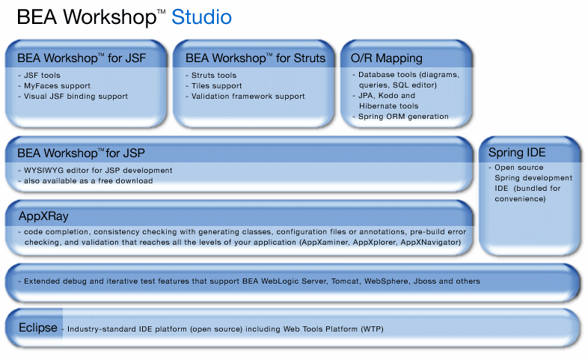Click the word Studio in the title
pos(201,16)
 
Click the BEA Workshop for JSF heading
pos(82,58)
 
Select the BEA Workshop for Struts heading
pos(255,58)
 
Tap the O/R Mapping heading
pos(386,58)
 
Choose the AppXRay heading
pos(43,216)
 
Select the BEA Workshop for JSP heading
pos(86,153)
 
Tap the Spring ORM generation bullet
pos(403,117)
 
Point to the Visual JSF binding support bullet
pos(76,97)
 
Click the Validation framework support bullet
pos(248,97)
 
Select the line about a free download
pos(88,181)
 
